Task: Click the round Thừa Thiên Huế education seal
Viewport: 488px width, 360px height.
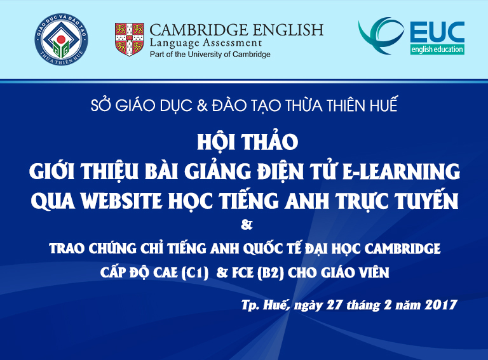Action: coord(61,39)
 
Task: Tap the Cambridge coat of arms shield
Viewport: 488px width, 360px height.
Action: coord(129,39)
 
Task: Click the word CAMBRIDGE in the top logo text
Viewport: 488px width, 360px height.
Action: coord(199,30)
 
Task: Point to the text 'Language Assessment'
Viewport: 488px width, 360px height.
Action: coord(206,43)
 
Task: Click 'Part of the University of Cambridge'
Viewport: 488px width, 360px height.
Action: coord(210,55)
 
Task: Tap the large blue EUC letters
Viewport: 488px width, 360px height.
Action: coord(437,32)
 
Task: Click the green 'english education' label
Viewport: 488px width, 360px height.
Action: coord(437,50)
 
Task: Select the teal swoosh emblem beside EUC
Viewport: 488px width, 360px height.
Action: coord(381,35)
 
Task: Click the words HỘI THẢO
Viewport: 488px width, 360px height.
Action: coord(248,142)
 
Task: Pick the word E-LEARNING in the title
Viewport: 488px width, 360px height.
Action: coord(401,171)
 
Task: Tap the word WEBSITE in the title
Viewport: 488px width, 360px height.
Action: coord(122,201)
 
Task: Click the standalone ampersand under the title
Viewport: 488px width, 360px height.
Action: coord(247,225)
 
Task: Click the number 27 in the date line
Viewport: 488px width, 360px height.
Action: coord(334,305)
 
